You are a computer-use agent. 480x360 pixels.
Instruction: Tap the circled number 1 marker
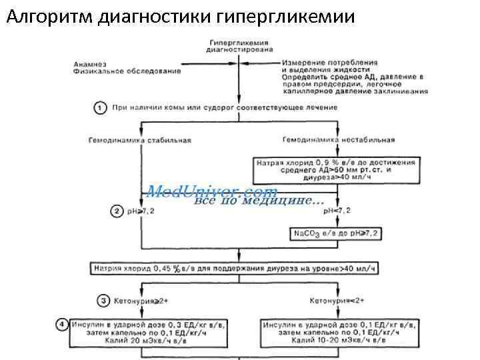[x=99, y=107]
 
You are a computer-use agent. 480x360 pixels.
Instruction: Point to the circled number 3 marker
[x=104, y=301]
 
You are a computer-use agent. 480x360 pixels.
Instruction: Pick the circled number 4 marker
[x=62, y=325]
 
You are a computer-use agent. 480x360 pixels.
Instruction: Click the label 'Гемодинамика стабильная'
[x=139, y=140]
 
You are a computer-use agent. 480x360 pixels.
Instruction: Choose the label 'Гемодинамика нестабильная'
[x=338, y=140]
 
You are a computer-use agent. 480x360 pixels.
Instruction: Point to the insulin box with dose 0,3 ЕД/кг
[x=143, y=333]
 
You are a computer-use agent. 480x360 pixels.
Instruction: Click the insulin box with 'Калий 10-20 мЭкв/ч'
[x=338, y=333]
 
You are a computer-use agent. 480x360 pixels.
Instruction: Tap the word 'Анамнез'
[x=89, y=64]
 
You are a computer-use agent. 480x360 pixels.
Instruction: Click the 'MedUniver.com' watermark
[x=213, y=192]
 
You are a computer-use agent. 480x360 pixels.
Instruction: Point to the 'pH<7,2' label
[x=337, y=211]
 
